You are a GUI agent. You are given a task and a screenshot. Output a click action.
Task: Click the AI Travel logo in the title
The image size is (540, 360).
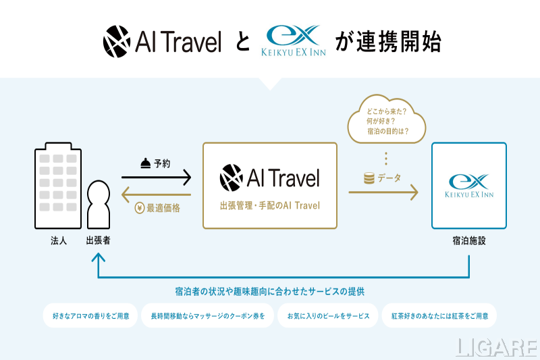tap(162, 43)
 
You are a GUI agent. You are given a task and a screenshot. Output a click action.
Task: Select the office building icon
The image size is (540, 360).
tap(57, 186)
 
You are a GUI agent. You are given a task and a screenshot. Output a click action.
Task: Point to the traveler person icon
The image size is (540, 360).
tap(99, 205)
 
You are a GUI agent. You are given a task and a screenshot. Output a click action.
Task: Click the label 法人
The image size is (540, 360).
tap(58, 240)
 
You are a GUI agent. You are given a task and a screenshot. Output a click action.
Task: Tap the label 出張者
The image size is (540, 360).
tap(99, 240)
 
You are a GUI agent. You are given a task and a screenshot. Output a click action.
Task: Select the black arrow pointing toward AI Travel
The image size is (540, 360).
tap(157, 178)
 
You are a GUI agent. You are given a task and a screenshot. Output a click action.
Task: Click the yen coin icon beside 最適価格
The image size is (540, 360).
tap(140, 208)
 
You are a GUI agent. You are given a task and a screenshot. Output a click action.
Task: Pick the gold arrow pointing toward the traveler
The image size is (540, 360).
tap(157, 194)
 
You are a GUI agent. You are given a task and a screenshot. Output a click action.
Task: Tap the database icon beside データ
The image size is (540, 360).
tap(369, 178)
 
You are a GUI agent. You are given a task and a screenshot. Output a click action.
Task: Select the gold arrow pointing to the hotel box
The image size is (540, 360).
tap(383, 193)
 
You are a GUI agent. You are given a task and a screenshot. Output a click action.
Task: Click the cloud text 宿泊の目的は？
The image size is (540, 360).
tap(387, 130)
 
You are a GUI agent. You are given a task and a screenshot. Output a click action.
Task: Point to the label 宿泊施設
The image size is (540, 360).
tap(469, 240)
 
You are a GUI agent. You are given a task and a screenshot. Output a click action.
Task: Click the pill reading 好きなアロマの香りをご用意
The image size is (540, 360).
tap(89, 315)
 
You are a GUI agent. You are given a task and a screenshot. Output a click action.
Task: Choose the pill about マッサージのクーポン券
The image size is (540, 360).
tap(207, 315)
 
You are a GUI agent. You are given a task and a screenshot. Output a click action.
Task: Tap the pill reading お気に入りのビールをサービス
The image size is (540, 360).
tap(329, 315)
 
